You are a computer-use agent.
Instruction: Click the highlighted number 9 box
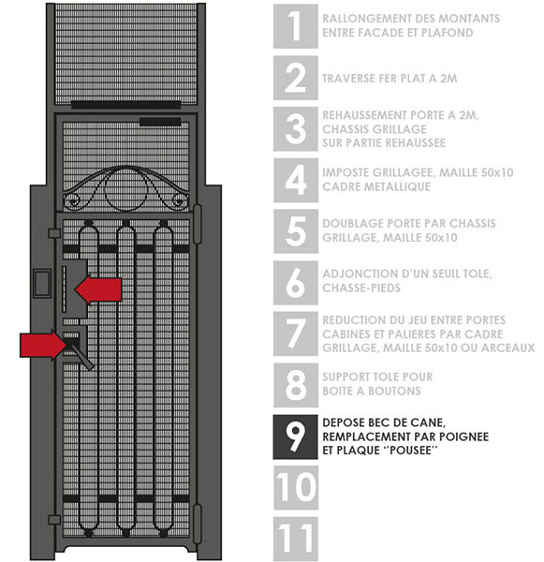[x=295, y=436]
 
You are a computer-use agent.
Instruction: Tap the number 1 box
[x=295, y=26]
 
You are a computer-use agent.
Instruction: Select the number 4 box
[x=295, y=180]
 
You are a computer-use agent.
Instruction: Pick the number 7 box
[x=295, y=333]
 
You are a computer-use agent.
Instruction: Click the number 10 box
[x=295, y=488]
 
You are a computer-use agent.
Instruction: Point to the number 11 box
[x=295, y=539]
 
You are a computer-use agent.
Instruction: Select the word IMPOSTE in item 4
[x=346, y=172]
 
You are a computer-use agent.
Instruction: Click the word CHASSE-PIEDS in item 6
[x=361, y=288]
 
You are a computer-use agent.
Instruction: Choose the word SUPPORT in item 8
[x=346, y=377]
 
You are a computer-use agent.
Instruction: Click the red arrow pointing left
[x=98, y=289]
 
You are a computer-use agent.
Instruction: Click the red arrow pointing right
[x=43, y=345]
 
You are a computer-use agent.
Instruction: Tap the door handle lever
[x=81, y=355]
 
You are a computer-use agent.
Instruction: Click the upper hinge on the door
[x=198, y=224]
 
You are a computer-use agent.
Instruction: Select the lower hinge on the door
[x=198, y=524]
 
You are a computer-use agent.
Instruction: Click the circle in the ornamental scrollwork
[x=125, y=190]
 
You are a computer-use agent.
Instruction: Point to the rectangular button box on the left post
[x=42, y=284]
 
